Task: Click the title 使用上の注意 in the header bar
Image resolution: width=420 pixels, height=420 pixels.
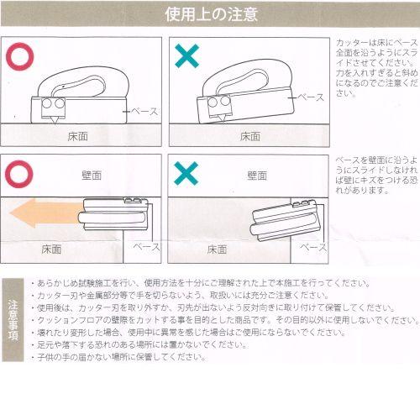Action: (210, 14)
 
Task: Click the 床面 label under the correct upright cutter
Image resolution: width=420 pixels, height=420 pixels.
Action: (81, 135)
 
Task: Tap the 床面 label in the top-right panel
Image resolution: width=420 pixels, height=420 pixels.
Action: (249, 135)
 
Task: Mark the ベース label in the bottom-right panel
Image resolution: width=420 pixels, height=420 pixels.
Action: (313, 248)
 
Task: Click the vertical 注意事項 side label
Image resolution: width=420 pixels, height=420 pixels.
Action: (13, 320)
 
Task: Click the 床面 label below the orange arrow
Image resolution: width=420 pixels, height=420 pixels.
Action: (51, 249)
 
